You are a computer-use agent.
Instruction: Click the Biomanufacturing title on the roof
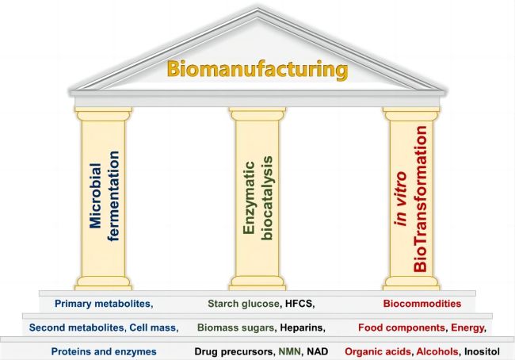coord(257,69)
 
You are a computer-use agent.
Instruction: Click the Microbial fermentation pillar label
coord(104,202)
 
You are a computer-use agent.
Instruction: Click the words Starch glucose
coord(242,303)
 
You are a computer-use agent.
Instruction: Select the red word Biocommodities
coord(422,303)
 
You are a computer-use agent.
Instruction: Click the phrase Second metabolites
coord(76,327)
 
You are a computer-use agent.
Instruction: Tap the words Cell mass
coord(154,327)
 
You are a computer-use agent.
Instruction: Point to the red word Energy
coord(468,327)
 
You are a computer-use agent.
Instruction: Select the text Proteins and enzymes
coord(104,350)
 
